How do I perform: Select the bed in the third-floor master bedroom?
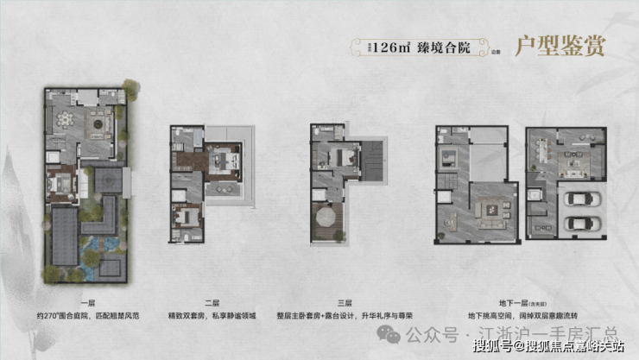point(341,157)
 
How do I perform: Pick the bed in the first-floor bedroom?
point(62,183)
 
